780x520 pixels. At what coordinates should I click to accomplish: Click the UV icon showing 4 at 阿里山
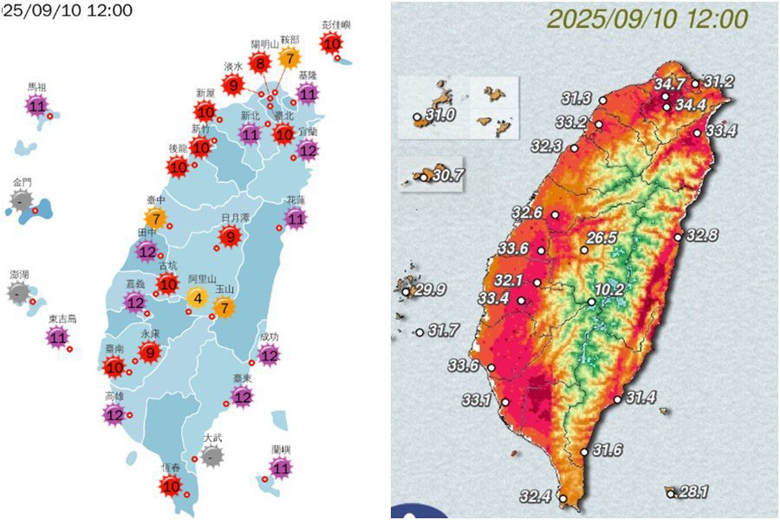[198, 299]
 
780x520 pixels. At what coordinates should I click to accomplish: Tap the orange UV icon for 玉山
[224, 307]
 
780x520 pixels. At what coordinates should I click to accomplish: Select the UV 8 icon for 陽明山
[259, 63]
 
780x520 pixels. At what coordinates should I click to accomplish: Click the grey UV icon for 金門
[22, 203]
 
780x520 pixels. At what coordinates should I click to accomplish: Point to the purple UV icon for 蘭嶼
[281, 469]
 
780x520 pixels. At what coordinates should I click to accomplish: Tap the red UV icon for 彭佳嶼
[331, 44]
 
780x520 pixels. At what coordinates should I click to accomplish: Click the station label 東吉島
[62, 319]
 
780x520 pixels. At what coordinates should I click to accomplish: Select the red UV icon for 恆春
[171, 486]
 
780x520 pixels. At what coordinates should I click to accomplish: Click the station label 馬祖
[36, 88]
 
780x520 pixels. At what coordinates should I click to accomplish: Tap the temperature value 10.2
[609, 289]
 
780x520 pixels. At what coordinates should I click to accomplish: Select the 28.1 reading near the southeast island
[694, 492]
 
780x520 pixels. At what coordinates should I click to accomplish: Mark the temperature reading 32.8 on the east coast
[702, 235]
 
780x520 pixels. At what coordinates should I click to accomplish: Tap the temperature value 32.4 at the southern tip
[536, 497]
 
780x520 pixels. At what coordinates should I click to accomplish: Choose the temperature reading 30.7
[448, 175]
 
